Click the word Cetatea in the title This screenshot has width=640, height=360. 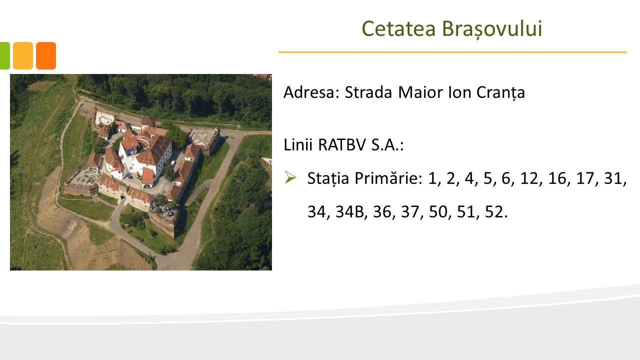[x=398, y=28]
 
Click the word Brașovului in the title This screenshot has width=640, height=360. [x=492, y=29]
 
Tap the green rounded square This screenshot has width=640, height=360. [x=4, y=55]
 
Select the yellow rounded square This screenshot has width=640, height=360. [x=23, y=55]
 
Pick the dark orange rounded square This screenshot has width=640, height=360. [x=46, y=55]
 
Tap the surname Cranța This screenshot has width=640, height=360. [x=500, y=93]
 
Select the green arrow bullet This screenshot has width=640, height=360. [x=290, y=177]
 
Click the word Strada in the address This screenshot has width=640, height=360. [x=368, y=92]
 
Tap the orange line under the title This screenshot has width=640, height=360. [x=452, y=52]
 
